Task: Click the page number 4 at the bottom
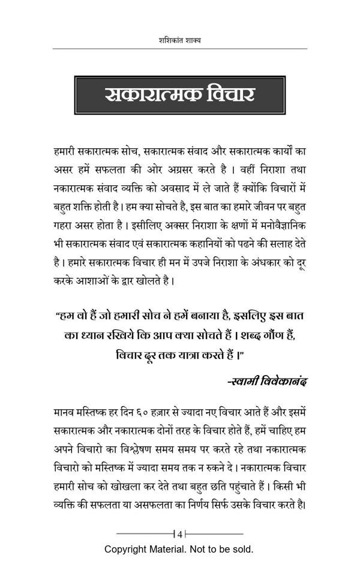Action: coord(180,533)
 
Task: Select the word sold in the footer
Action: coord(242,549)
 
